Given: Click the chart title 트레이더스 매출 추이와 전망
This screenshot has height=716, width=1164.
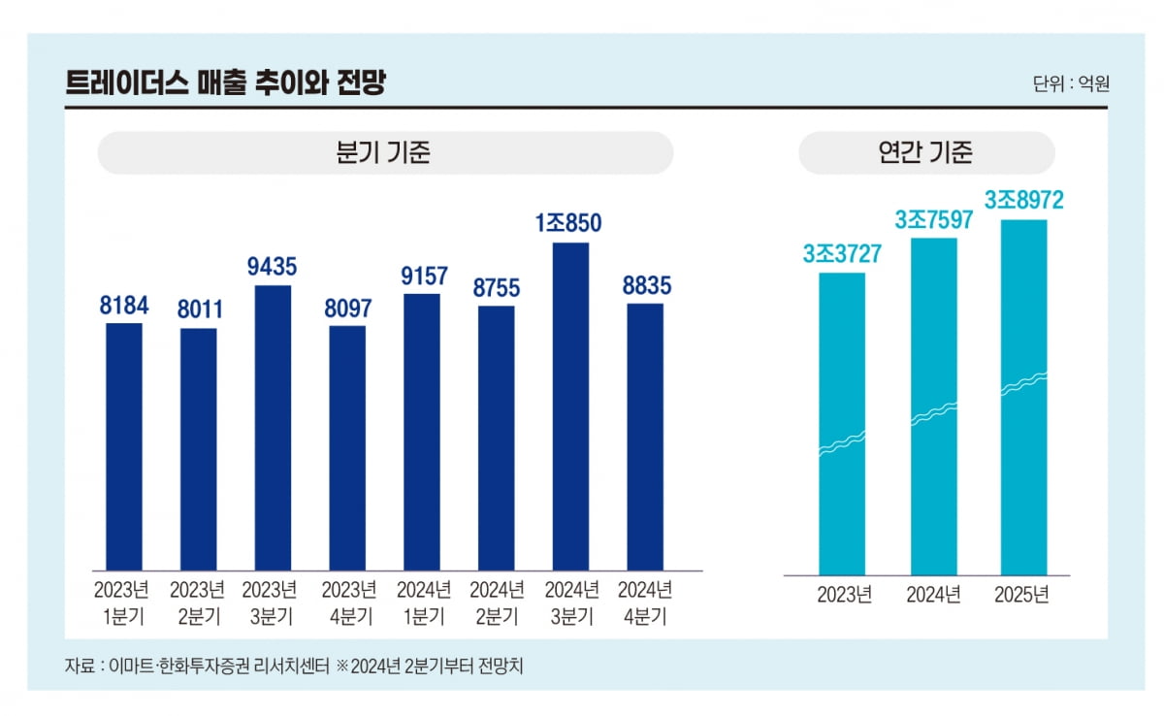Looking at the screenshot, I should pos(225,82).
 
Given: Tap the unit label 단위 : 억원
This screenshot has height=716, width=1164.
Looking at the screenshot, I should pos(1071,83).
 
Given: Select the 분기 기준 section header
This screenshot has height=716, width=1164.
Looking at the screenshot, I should pos(385,153).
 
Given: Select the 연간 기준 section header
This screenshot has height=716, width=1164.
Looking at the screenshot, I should pos(925,153).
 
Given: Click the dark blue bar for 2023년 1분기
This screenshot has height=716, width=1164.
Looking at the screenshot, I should pos(124,446).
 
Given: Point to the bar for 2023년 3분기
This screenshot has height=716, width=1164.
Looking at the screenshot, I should pos(273,427).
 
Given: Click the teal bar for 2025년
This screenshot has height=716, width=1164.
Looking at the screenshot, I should pos(1023,398).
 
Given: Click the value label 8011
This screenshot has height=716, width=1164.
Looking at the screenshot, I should pos(200,309).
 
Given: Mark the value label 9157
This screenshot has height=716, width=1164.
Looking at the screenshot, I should pos(421,275).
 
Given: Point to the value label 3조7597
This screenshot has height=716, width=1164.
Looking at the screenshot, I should pos(933,220).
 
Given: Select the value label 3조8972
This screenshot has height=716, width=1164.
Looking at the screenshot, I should pos(1023,200).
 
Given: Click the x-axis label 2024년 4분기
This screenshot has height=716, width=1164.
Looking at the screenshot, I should pos(645,602).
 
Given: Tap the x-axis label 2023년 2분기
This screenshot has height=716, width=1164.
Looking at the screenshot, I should pos(198,602).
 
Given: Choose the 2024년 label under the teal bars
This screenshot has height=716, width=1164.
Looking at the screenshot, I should pos(933,595).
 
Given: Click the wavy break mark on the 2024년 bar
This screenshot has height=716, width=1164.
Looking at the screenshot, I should pos(933,414).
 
